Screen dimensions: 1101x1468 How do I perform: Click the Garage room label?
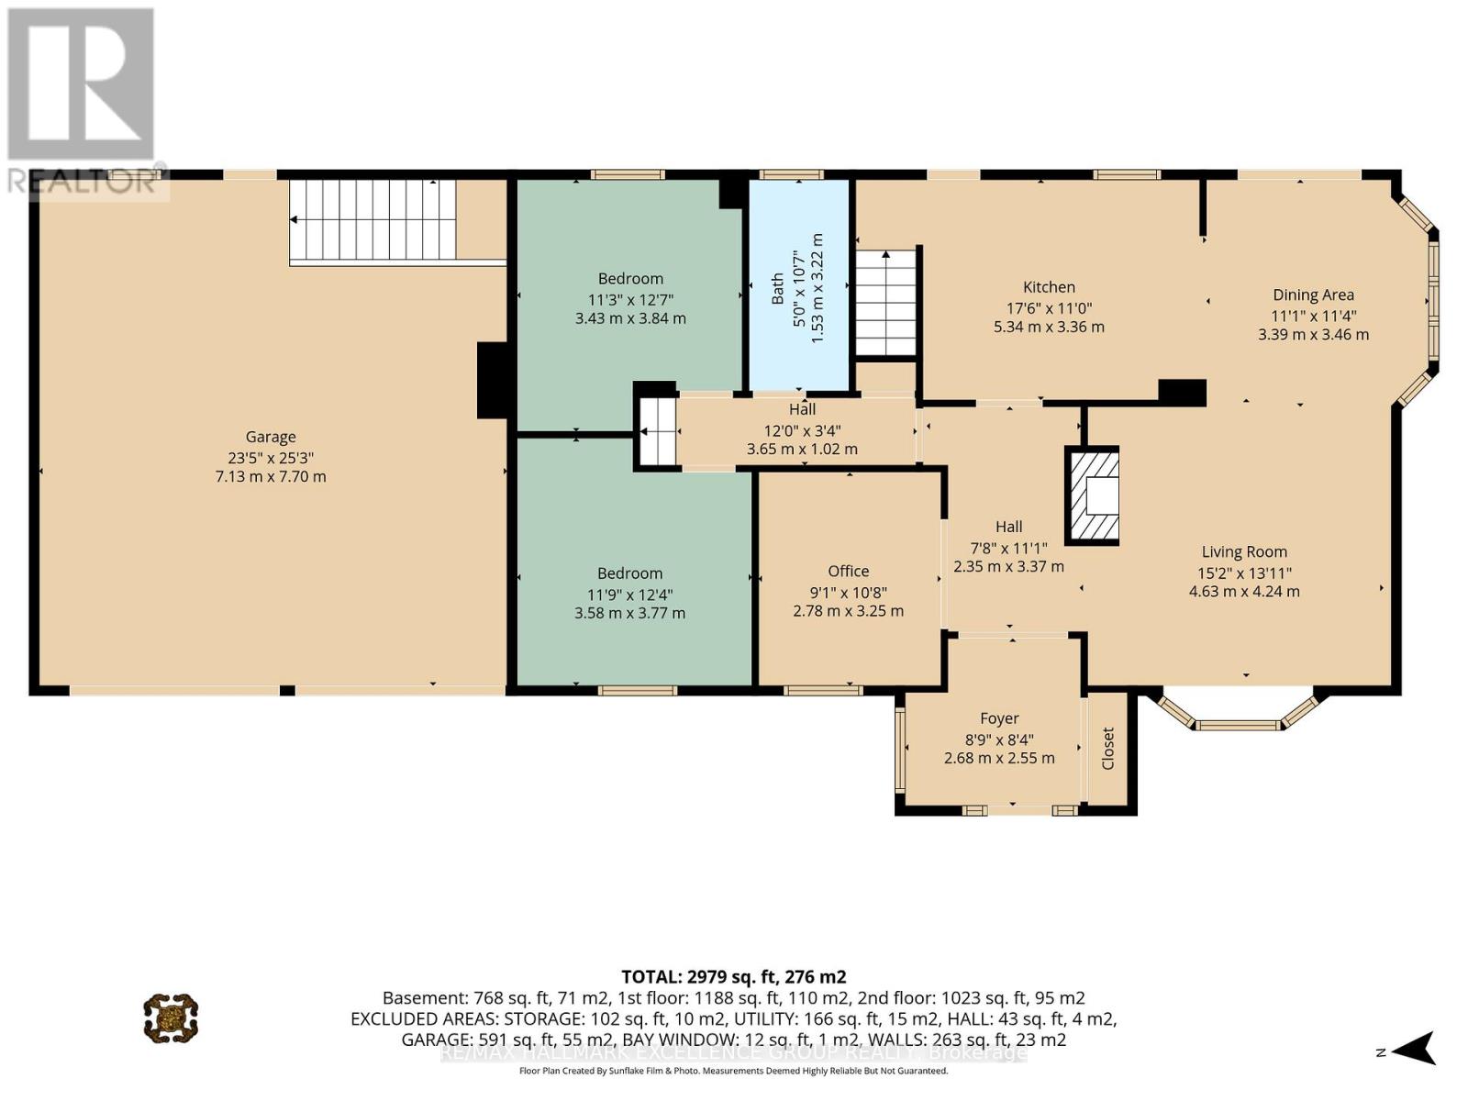[271, 438]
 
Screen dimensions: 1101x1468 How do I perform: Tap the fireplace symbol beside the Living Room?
[1093, 496]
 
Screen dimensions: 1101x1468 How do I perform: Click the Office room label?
[848, 571]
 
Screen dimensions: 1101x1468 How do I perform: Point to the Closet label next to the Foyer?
[1107, 749]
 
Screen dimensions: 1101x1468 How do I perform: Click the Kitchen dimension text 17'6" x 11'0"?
[1049, 309]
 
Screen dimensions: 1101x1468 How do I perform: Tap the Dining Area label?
[1313, 295]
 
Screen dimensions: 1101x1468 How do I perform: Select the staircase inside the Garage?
[373, 220]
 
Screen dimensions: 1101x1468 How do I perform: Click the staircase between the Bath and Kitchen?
[885, 302]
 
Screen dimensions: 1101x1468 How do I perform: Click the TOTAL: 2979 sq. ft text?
[733, 976]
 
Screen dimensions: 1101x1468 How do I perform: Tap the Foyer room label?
[999, 718]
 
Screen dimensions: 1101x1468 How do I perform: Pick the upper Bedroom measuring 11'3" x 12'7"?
[630, 298]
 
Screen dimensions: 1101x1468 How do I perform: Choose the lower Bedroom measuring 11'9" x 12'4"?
[629, 593]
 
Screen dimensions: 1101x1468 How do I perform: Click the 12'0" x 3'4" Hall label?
[802, 429]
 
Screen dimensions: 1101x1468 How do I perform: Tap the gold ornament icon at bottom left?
[171, 1018]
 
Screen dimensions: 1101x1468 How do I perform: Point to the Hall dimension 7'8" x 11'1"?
[1008, 547]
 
